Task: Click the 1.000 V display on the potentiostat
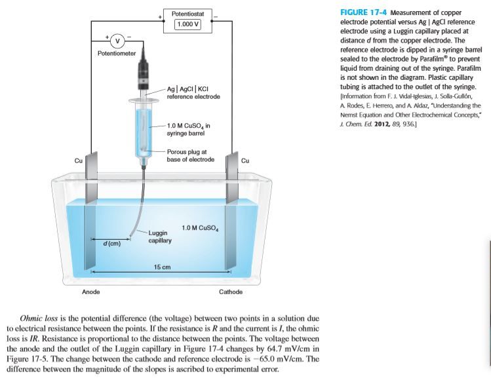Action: [x=187, y=25]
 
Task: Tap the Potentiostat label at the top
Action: [x=187, y=13]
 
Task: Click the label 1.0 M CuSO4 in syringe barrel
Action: [x=189, y=129]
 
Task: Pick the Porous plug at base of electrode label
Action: [x=191, y=155]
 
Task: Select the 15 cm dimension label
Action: [x=162, y=267]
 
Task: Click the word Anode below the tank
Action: [x=90, y=292]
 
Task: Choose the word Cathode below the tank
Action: [x=231, y=292]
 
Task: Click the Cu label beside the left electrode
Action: [x=78, y=160]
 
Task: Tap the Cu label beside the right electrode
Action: [x=245, y=160]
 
